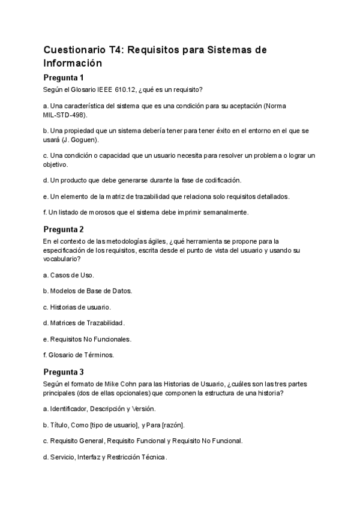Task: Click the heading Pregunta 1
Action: pos(64,77)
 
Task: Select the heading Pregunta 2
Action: pos(64,229)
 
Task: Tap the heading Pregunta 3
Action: pos(64,372)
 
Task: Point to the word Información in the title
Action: pos(73,62)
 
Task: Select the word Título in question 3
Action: pos(59,425)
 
